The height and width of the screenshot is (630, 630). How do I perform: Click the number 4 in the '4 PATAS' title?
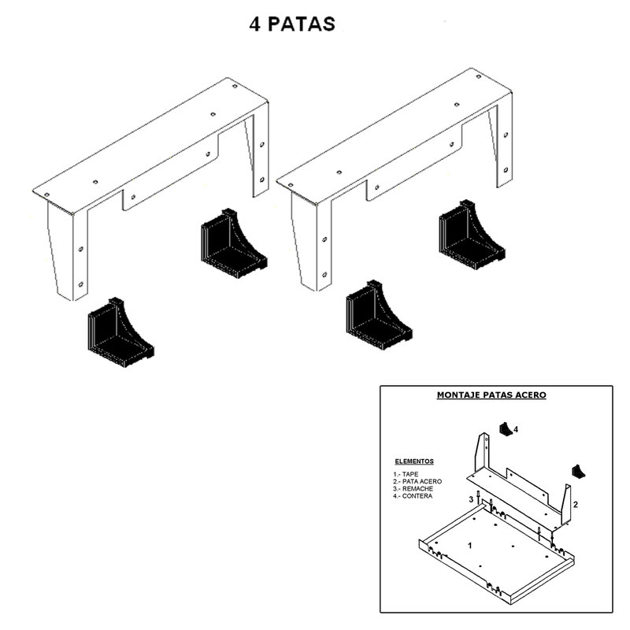tap(254, 24)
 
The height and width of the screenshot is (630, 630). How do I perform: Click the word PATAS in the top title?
tap(302, 24)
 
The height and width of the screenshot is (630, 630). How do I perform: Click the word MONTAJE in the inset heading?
tap(458, 395)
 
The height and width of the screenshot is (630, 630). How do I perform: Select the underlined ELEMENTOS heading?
tap(414, 461)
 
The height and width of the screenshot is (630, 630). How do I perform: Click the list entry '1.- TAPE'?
tap(406, 474)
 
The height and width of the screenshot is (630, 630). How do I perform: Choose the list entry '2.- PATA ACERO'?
tap(417, 481)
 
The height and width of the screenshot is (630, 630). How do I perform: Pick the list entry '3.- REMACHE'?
tap(413, 488)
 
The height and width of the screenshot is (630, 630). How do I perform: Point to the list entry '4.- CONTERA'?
tap(413, 496)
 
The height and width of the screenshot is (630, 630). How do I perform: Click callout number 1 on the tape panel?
tap(470, 546)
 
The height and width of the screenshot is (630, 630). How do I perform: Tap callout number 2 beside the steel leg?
tap(576, 505)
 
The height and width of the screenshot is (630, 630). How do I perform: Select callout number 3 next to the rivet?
tap(471, 500)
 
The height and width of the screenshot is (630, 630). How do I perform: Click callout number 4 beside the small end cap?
tap(516, 429)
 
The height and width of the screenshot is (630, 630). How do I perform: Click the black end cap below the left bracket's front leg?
tap(120, 332)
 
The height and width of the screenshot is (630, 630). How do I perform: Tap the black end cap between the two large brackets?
tap(234, 243)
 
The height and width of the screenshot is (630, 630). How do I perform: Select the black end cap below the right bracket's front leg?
tap(379, 315)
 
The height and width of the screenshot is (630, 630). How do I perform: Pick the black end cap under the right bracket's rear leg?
tap(472, 235)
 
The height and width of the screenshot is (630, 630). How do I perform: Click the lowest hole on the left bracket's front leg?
tap(80, 284)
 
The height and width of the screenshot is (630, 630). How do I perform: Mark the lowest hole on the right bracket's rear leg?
tap(506, 170)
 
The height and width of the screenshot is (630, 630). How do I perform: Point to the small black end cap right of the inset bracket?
tap(579, 472)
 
